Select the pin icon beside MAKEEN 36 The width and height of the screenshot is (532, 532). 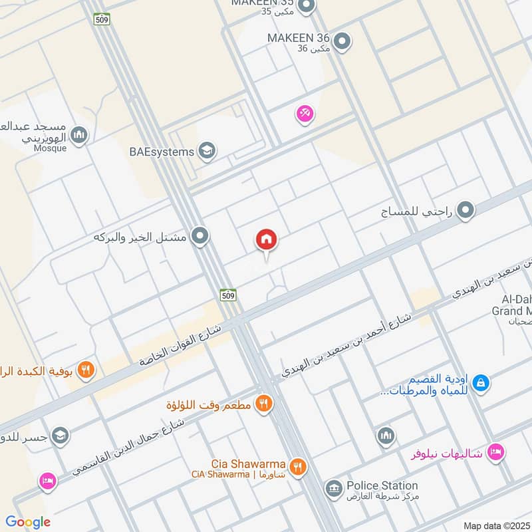[x=342, y=42]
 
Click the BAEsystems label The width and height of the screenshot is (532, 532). [x=162, y=152]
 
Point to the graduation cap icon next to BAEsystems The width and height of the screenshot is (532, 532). [x=207, y=152]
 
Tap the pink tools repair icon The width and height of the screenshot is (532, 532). [x=305, y=114]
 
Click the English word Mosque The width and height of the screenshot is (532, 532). [x=51, y=148]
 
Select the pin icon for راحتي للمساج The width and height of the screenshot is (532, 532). [x=466, y=211]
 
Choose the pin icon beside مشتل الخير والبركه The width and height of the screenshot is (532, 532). [x=199, y=236]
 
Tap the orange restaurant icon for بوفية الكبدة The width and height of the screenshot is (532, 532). [x=85, y=369]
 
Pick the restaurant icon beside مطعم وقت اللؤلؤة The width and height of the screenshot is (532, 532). [x=264, y=403]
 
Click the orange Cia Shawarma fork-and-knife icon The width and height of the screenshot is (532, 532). [x=298, y=467]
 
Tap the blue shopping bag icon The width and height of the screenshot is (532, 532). [x=481, y=383]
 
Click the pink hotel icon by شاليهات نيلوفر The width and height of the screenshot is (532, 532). [x=495, y=453]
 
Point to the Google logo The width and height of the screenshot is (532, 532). [x=28, y=522]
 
